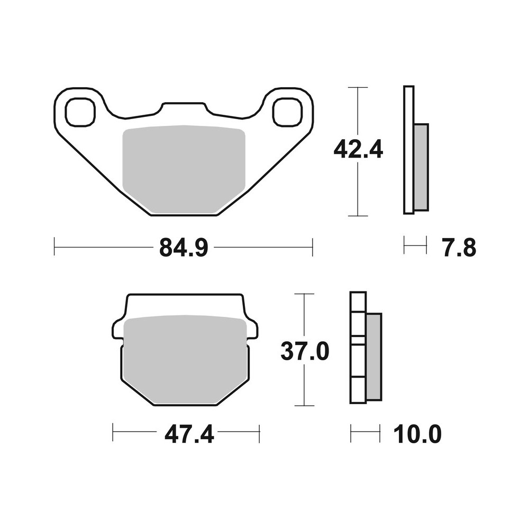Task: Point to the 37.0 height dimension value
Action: point(305,351)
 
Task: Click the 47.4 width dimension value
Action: point(189,435)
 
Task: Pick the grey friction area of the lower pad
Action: point(185,360)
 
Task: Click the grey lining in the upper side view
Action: point(421,167)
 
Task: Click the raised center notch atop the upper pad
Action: point(183,108)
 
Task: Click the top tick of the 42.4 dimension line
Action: point(358,87)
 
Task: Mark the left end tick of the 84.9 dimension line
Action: point(54,247)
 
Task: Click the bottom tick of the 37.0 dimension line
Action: point(304,406)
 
